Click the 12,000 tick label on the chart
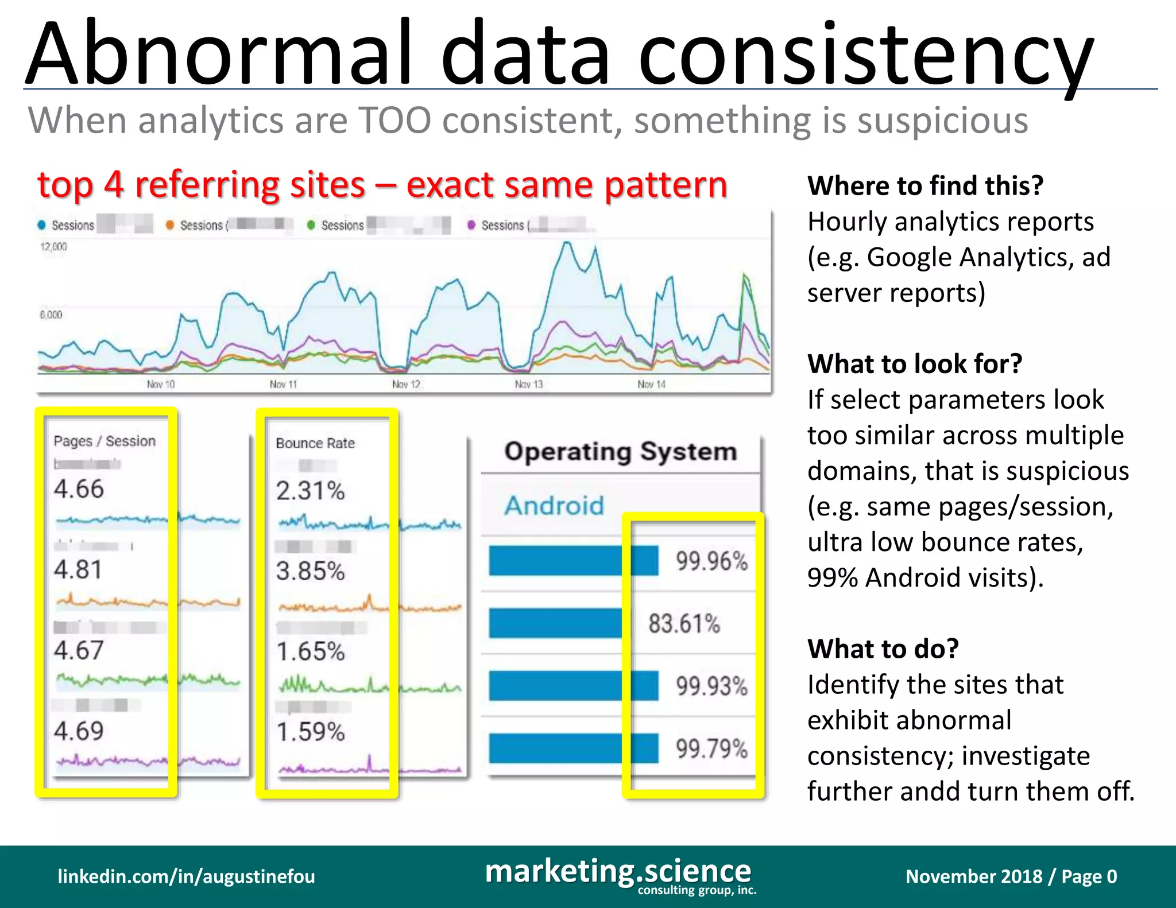pos(53,247)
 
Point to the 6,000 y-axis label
pos(51,315)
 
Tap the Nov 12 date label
pos(406,384)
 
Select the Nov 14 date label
pos(651,384)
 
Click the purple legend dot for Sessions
pos(471,225)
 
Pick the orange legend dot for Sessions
pos(170,225)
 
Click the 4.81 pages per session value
pos(78,569)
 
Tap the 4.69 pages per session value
pos(79,731)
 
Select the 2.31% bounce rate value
pos(310,491)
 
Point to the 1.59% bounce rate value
pos(310,732)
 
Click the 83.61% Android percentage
pos(684,623)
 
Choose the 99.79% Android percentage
pos(711,748)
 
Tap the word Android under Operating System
pos(554,506)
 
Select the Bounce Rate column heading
pos(315,443)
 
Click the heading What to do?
pos(883,649)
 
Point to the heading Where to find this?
pos(925,185)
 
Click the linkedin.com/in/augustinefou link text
pos(186,876)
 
